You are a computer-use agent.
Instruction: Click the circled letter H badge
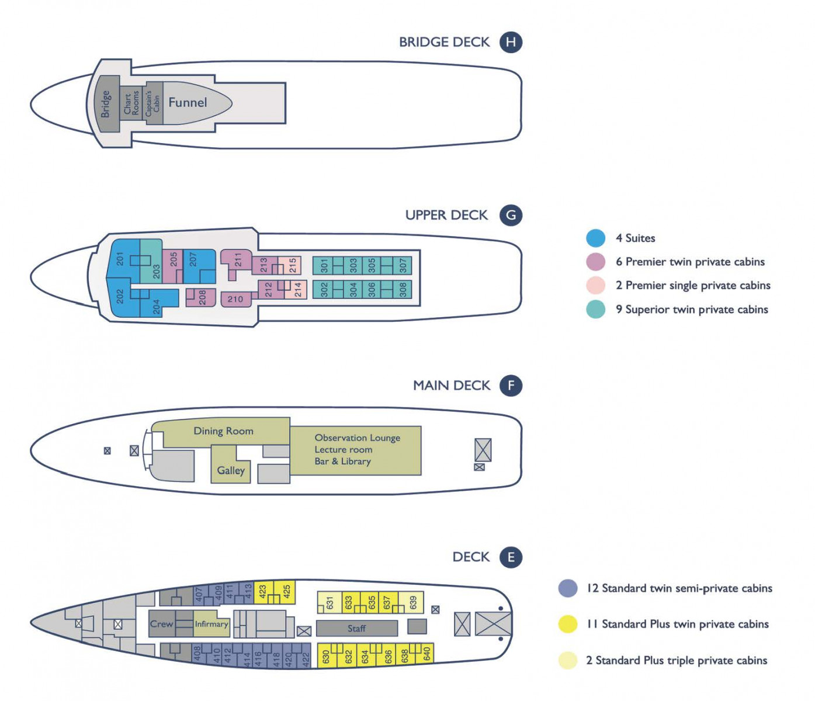[x=511, y=42]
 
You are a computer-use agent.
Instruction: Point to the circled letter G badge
[x=511, y=216]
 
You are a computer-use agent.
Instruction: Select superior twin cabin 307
[x=403, y=265]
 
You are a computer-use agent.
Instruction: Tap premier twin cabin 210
[x=236, y=299]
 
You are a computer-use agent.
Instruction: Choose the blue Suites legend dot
[x=595, y=238]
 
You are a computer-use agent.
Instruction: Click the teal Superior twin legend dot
[x=595, y=310]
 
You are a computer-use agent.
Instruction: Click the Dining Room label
[x=223, y=431]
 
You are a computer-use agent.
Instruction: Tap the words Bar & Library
[x=342, y=461]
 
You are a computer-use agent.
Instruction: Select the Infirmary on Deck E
[x=211, y=624]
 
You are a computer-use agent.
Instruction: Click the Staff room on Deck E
[x=357, y=629]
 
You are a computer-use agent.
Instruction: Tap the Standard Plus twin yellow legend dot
[x=568, y=624]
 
